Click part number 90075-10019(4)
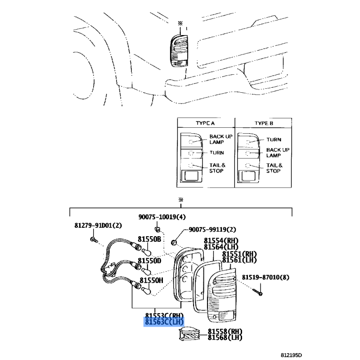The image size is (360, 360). point(162,217)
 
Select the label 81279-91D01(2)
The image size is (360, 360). point(98,225)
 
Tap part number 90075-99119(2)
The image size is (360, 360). point(212,229)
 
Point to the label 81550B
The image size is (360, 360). point(149,239)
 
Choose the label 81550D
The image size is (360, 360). point(149,261)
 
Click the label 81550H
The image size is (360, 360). point(152,280)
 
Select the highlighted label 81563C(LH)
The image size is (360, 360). point(164,322)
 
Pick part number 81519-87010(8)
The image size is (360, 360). point(265,277)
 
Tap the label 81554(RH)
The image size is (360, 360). point(221,241)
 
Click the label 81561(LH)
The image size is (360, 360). point(239,260)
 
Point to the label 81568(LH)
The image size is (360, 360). point(225,337)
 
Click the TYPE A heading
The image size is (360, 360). point(205,123)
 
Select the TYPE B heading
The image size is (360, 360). point(264,123)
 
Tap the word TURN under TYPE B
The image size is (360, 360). point(274,139)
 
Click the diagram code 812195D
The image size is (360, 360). point(291,355)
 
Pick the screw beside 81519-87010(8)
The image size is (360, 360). point(257,292)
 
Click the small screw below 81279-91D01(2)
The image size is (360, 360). point(94,240)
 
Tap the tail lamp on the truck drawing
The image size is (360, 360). point(179,51)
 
